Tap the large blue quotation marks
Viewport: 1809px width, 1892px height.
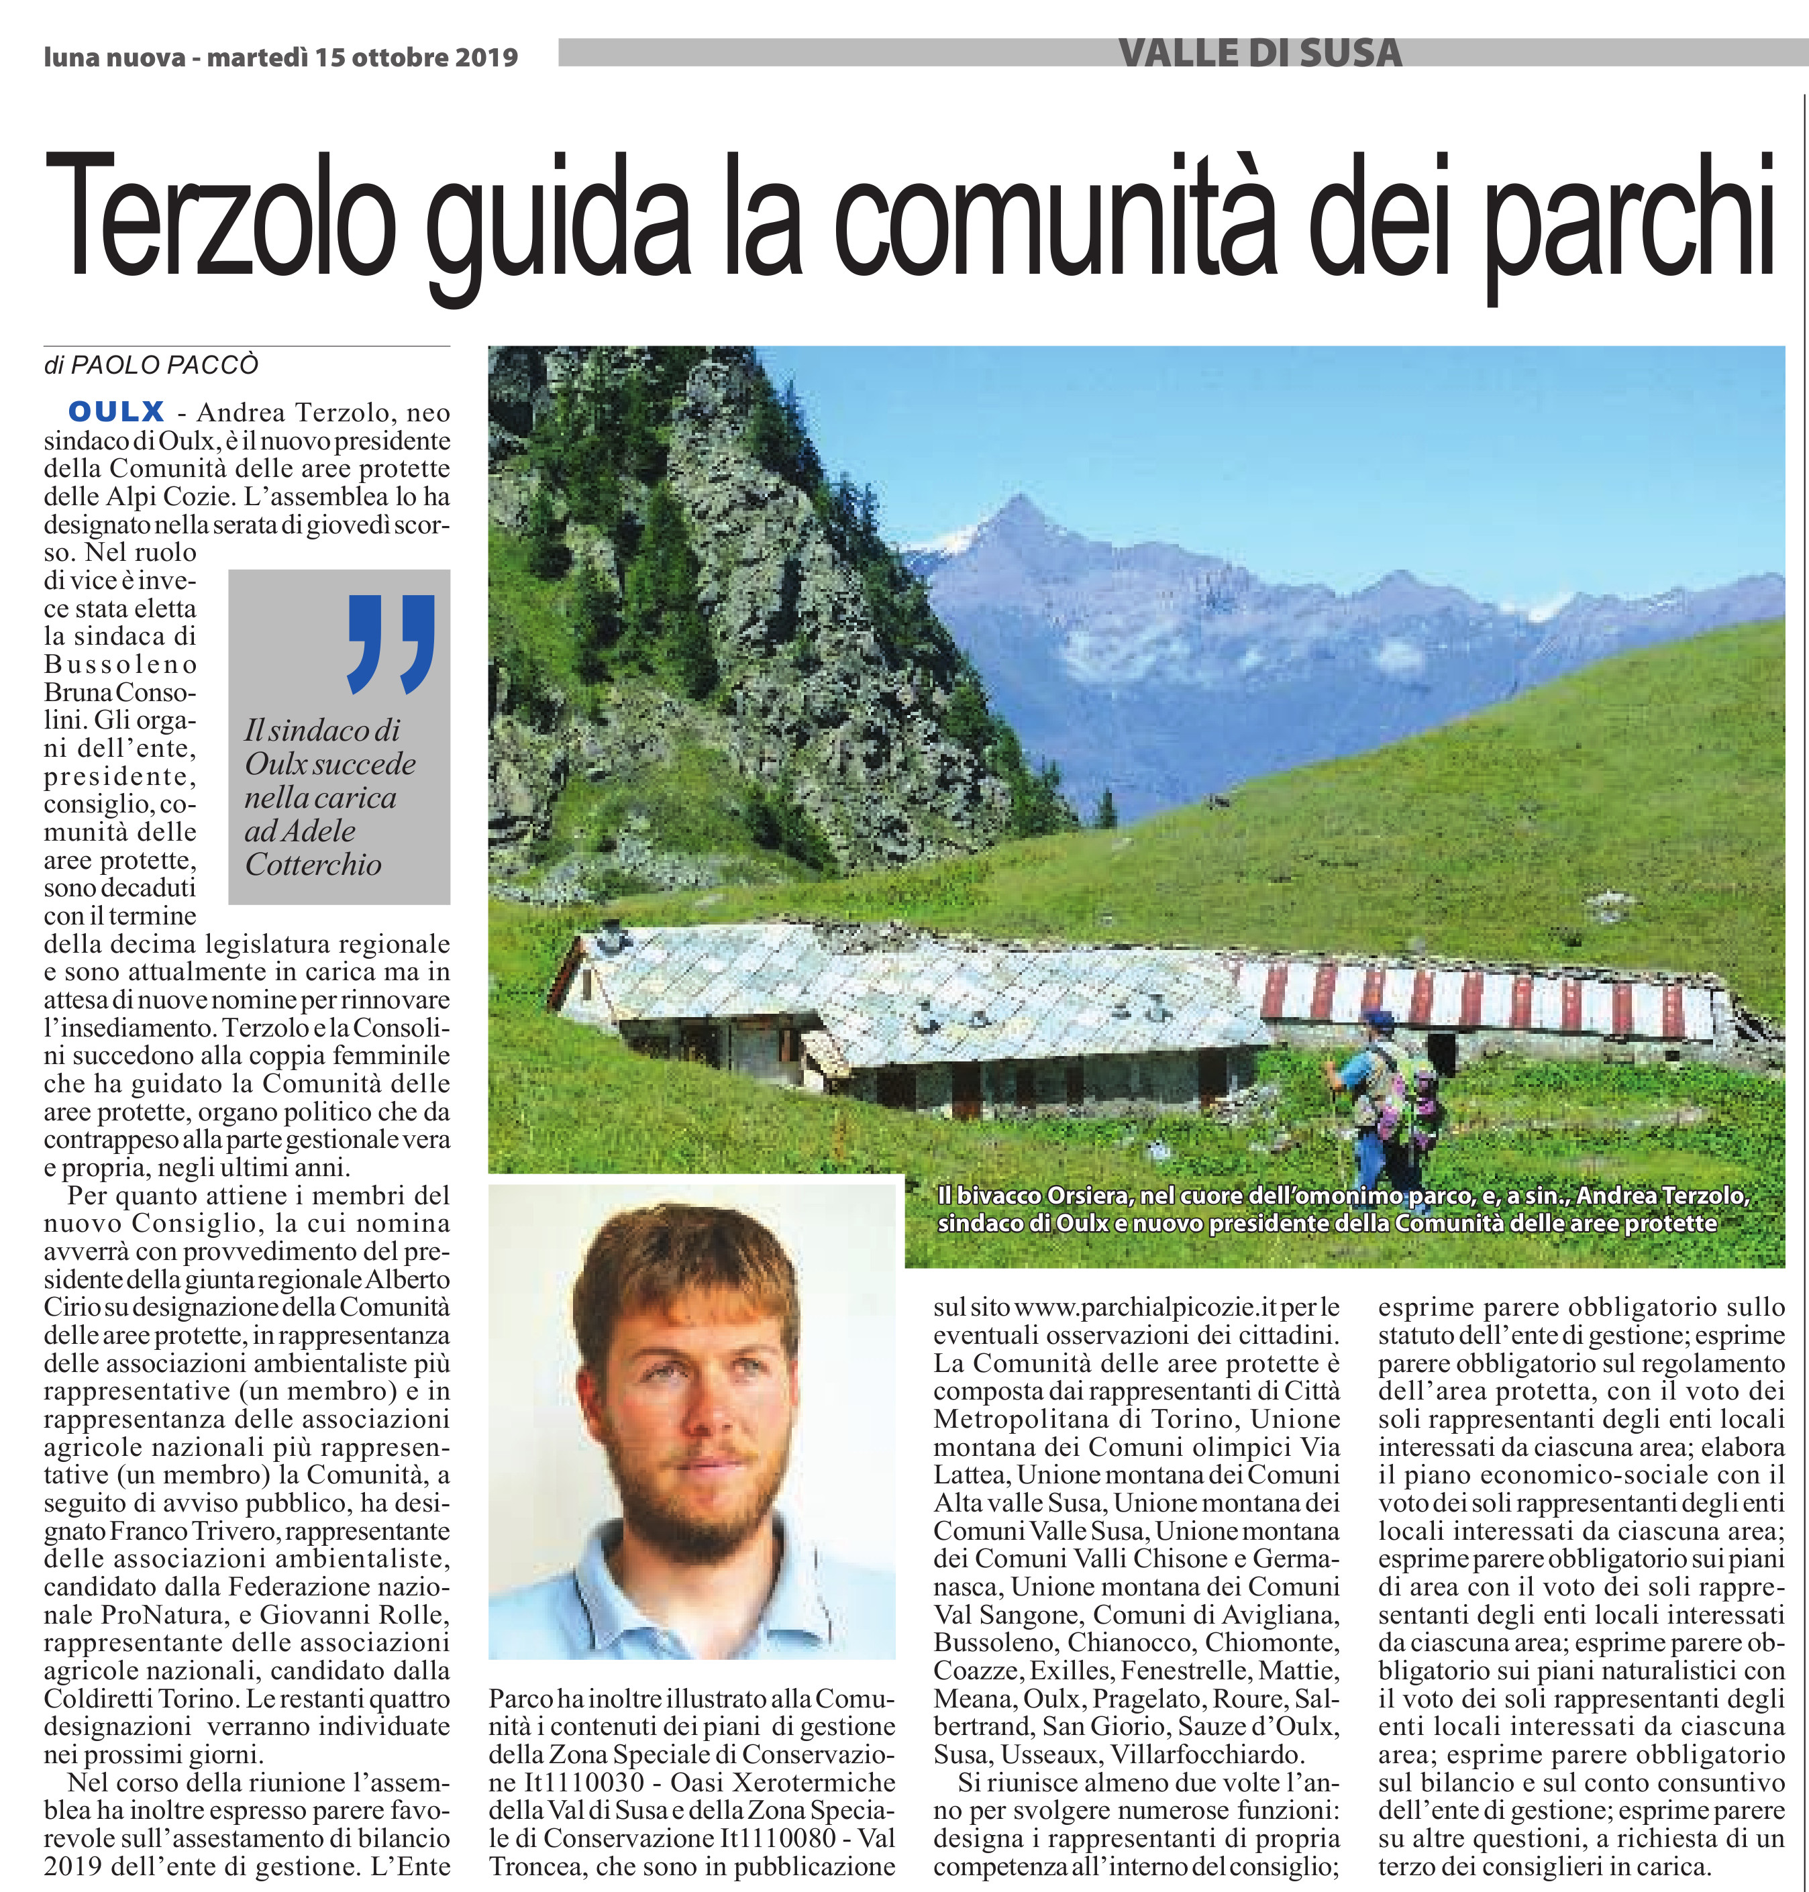tap(391, 643)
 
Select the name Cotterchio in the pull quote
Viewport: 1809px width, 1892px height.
tap(313, 865)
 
